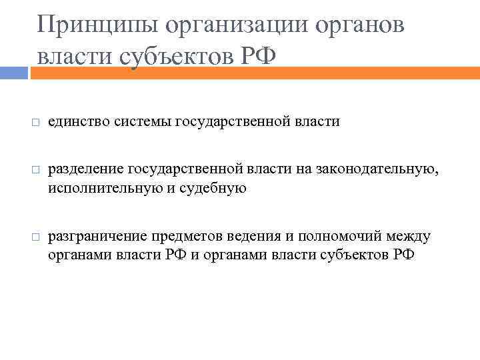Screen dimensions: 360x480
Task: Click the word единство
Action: (x=79, y=122)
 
